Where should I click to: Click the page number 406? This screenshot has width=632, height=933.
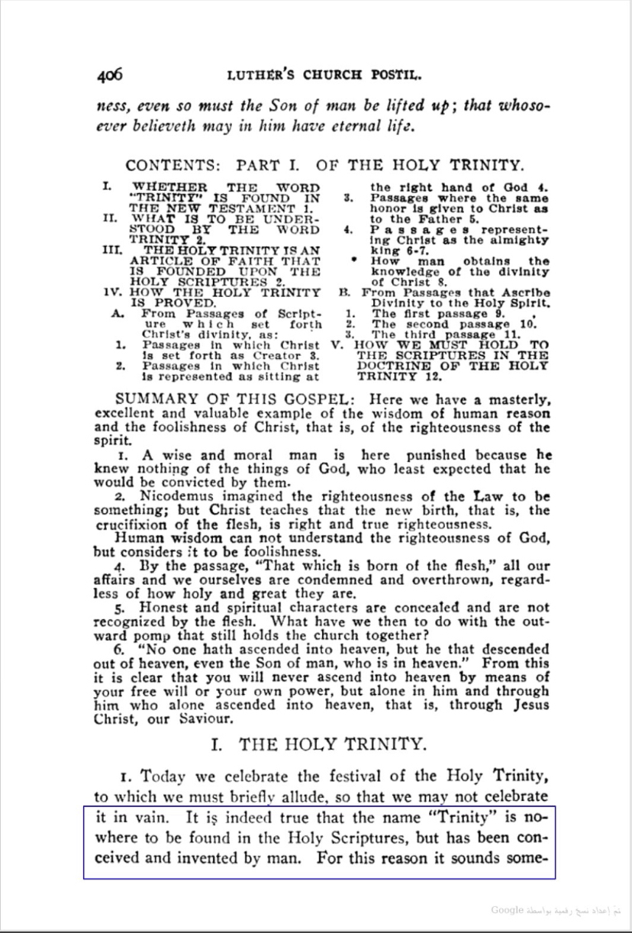[x=109, y=75]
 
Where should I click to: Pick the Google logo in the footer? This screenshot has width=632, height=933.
[x=507, y=909]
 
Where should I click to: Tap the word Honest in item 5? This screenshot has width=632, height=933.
[x=168, y=608]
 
